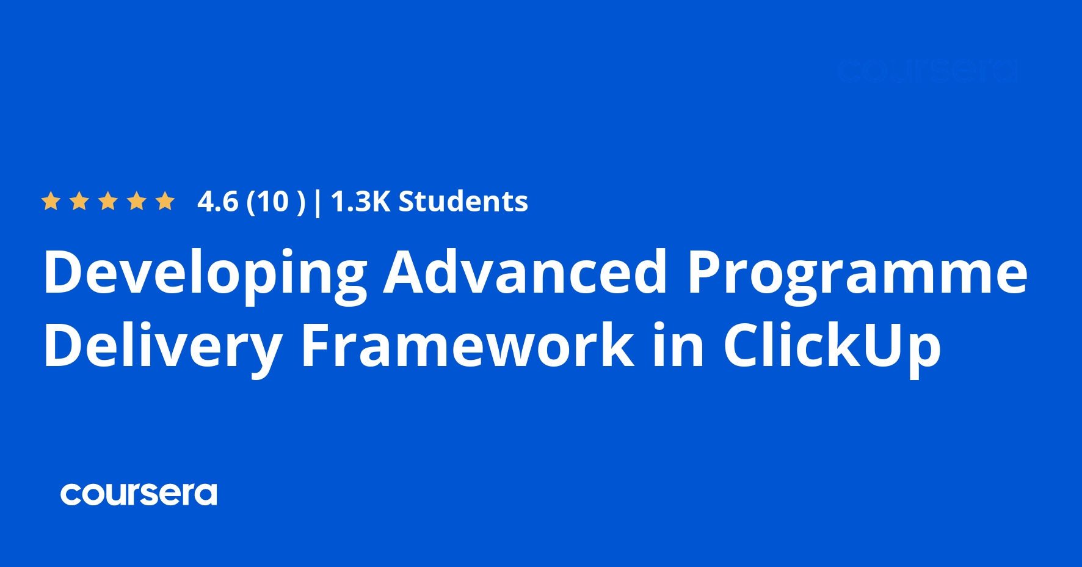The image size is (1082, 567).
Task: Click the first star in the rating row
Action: point(51,201)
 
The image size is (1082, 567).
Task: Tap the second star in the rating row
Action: point(79,201)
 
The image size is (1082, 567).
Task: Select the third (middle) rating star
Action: point(108,201)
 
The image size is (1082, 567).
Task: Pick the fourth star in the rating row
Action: point(137,201)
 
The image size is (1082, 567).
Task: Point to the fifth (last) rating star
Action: point(165,201)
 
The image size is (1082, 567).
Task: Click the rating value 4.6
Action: point(217,202)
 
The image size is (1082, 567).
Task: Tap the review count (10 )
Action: point(275,202)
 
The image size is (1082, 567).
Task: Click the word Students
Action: point(463,202)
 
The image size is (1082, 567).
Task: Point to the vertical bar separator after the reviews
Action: point(317,202)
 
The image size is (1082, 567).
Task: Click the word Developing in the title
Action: point(205,273)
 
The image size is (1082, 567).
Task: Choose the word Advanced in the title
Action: point(525,271)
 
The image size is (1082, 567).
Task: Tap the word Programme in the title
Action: point(857,273)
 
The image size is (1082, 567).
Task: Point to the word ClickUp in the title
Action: point(832,346)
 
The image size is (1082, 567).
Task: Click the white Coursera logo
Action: point(139,494)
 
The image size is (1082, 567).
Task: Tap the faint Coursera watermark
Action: point(927,71)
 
